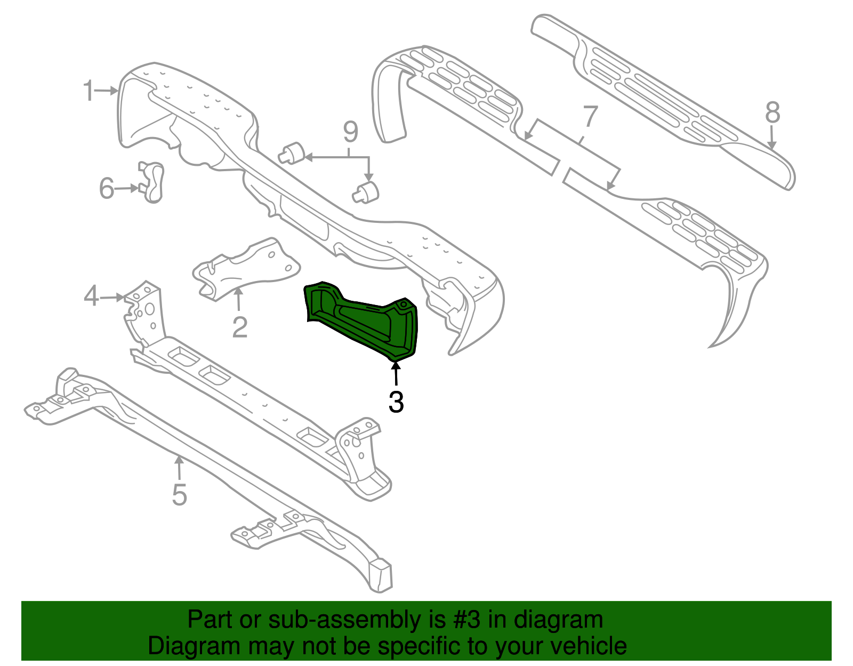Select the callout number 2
(240, 327)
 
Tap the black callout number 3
(396, 402)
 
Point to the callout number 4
(91, 296)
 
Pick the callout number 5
(180, 495)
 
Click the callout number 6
(107, 188)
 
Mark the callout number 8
(772, 113)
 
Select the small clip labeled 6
(152, 182)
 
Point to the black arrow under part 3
(396, 373)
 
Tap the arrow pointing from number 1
(108, 91)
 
